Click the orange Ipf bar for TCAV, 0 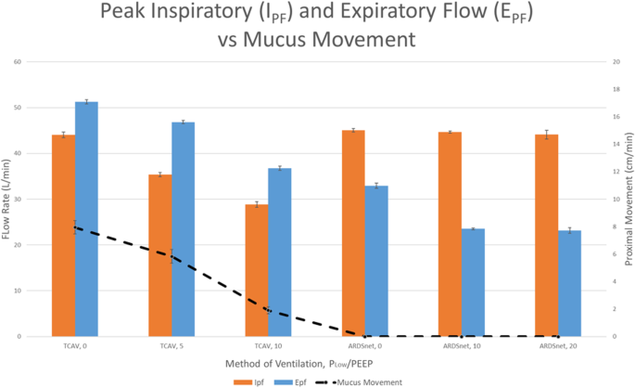pyautogui.click(x=63, y=236)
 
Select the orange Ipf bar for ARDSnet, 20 pyautogui.click(x=547, y=236)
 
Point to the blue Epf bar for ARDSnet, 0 pyautogui.click(x=377, y=261)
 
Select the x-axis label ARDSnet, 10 pyautogui.click(x=462, y=345)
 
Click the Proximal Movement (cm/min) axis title pyautogui.click(x=627, y=199)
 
